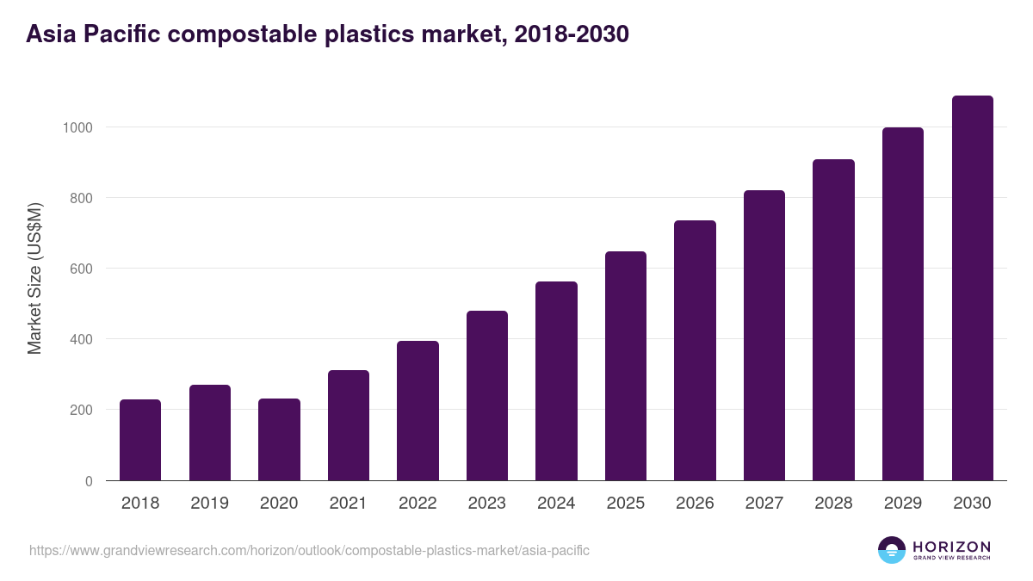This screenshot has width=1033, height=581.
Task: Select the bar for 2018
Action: [x=140, y=440]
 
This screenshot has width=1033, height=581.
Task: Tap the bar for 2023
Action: [x=487, y=396]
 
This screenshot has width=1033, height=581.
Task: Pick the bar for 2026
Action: [x=695, y=350]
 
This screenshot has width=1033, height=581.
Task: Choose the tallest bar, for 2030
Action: [x=972, y=288]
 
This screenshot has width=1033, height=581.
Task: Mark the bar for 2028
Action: [x=833, y=320]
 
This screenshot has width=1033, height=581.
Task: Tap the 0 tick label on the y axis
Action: [x=87, y=481]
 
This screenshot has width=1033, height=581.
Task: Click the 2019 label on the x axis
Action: [x=209, y=504]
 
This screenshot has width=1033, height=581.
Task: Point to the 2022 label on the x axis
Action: [x=418, y=504]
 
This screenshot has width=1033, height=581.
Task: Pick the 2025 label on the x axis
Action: [x=625, y=504]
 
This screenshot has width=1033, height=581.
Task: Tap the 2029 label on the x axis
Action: [x=902, y=504]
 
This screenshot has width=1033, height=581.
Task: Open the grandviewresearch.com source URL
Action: [x=309, y=550]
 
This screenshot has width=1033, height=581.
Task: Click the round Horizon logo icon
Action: [x=892, y=550]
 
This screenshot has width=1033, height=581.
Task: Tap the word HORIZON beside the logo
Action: [x=951, y=547]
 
